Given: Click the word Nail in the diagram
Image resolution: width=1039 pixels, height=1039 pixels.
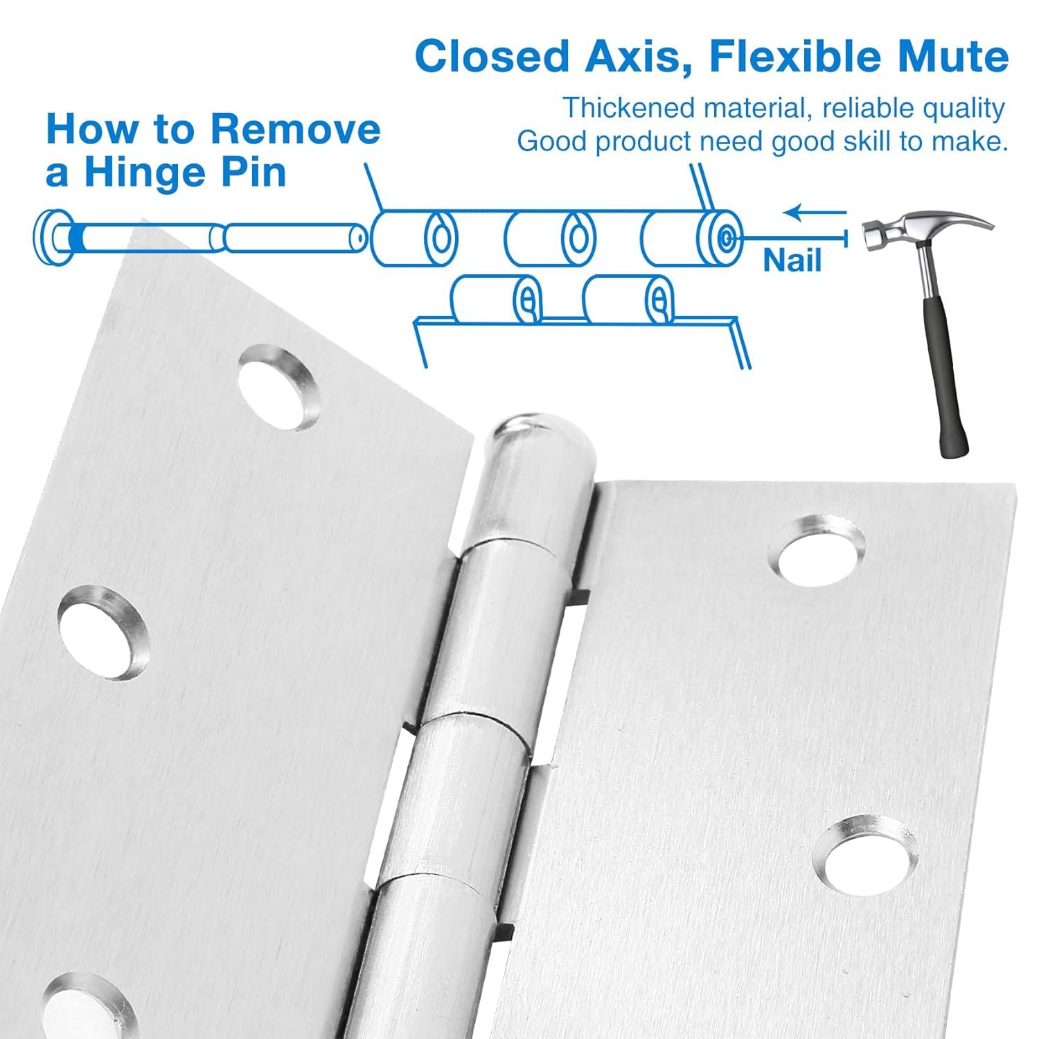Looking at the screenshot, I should point(792,261).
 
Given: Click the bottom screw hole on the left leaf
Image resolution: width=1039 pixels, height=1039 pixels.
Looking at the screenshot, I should point(87,1004).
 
